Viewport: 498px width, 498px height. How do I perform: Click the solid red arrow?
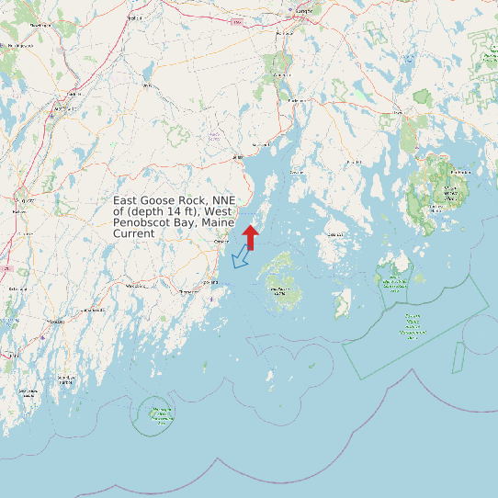coord(251,236)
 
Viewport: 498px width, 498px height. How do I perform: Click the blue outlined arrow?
coord(241,259)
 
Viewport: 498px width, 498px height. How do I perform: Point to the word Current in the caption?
coord(133,234)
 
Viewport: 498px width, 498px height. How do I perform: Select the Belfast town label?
coord(236,157)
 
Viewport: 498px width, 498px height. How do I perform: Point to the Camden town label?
coord(221,242)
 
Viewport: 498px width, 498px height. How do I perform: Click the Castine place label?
coord(296,172)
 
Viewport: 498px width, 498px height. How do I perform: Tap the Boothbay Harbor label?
coord(65,379)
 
